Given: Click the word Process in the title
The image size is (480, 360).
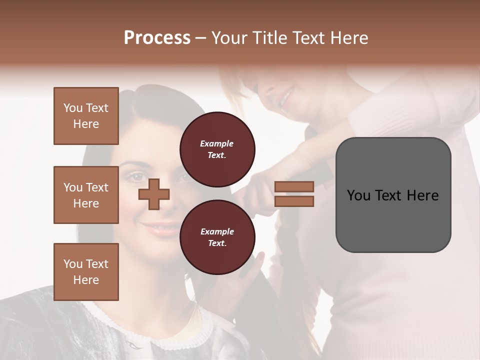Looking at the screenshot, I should [x=157, y=38].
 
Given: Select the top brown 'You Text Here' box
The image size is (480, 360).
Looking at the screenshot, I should [x=86, y=116].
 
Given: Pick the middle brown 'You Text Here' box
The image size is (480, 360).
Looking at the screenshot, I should [x=86, y=195].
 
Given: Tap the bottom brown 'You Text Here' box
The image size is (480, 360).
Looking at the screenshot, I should [x=86, y=272].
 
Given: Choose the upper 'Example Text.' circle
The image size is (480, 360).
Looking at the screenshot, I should [x=217, y=149].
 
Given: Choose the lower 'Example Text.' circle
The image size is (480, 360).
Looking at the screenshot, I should [x=217, y=237].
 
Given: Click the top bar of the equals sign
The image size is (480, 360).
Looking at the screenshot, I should [x=294, y=186].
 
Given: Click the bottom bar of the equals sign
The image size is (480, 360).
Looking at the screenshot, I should [x=294, y=201].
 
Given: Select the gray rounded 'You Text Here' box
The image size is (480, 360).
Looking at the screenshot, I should [x=393, y=195].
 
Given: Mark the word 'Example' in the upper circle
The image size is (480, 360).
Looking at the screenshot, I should [x=217, y=144].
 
